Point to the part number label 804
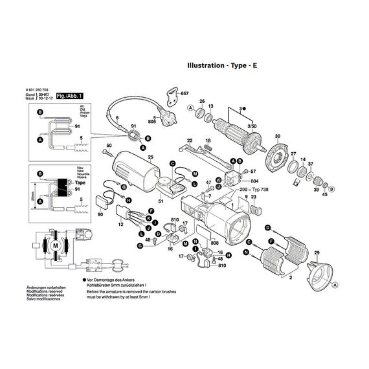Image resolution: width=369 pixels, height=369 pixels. point(254,181)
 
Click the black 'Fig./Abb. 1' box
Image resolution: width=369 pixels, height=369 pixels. point(69,96)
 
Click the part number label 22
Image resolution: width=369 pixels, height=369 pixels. point(190,140)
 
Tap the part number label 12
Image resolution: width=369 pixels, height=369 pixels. point(120,224)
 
